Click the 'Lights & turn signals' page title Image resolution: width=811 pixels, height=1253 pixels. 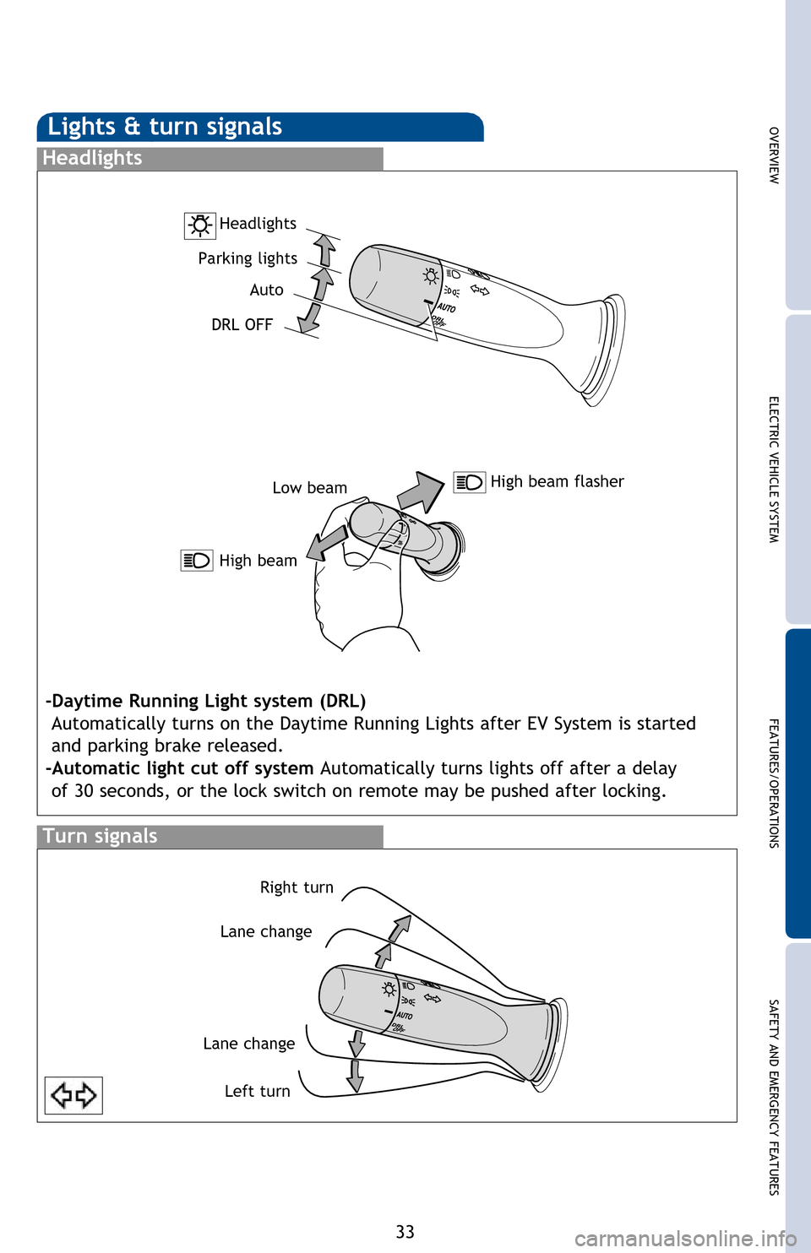pos(165,127)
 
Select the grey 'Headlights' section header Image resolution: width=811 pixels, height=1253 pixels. pos(92,159)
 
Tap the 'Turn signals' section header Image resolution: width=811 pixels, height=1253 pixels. pos(100,837)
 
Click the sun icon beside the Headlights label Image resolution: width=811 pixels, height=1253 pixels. pos(200,225)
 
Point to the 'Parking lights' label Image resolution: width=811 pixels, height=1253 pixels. pos(248,258)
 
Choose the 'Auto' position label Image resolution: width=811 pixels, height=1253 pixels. pos(266,290)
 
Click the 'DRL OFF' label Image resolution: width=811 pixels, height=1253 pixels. pos(242,325)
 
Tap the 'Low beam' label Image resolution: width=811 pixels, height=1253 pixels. pos(309,488)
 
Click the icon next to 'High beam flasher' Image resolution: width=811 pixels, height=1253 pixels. pos(469,482)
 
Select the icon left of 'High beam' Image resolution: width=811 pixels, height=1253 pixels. pos(197,561)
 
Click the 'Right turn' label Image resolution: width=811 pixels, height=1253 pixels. pos(297,887)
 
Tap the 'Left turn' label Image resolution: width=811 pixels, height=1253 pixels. pos(257,1092)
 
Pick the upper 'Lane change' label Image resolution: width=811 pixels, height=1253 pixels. pos(266,932)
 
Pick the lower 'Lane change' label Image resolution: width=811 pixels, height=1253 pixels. pos(249,1044)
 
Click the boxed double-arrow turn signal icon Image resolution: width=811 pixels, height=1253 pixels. pos(73,1096)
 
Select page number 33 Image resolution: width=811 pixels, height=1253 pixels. pos(405,1232)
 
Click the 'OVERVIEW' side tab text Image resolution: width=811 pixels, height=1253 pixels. pos(774,155)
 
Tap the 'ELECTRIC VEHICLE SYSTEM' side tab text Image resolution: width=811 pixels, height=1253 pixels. pos(774,469)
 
